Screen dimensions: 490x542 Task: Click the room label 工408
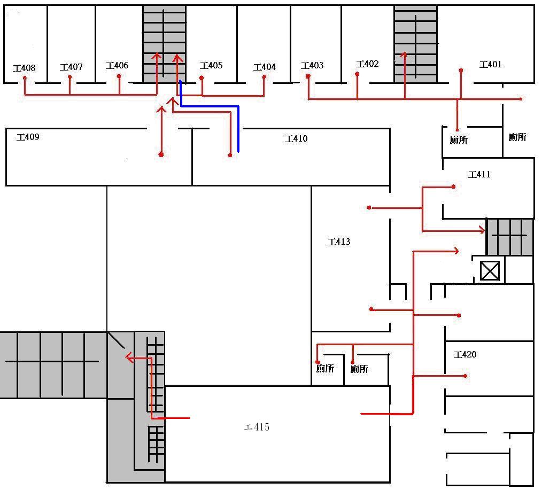(25, 68)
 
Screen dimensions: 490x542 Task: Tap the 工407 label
(71, 67)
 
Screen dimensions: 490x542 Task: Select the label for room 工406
(117, 66)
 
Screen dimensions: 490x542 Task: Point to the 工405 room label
(211, 66)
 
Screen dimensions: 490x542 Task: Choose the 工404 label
(265, 67)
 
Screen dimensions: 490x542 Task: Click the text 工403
(312, 66)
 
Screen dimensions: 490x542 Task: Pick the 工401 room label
(491, 65)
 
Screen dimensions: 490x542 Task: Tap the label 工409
(28, 137)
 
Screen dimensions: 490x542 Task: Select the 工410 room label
(296, 139)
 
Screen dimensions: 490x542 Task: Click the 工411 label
(479, 175)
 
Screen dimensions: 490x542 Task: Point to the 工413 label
(339, 242)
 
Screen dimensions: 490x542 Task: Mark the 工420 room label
(465, 355)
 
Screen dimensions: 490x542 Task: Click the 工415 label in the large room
(257, 427)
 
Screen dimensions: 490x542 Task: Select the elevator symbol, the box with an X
(490, 271)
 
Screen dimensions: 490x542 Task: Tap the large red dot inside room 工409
(161, 154)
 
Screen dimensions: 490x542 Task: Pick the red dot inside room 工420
(466, 376)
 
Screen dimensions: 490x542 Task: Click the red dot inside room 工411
(453, 186)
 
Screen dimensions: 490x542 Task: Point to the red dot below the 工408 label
(25, 79)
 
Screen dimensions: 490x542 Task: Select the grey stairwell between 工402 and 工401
(415, 44)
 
